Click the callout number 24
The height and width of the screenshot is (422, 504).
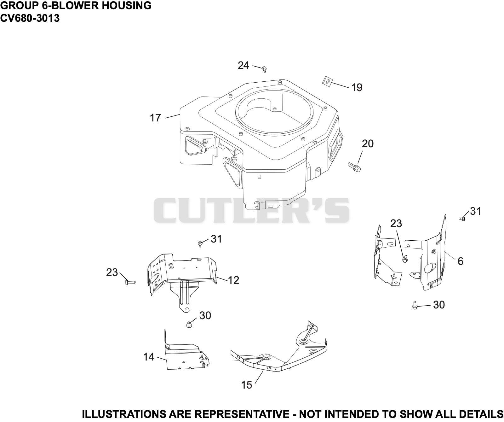tap(243, 66)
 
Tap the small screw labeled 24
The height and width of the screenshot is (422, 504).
tap(264, 69)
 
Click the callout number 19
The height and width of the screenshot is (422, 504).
tap(357, 87)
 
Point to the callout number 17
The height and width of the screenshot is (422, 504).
tap(155, 118)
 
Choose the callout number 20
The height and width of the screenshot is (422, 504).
tap(368, 144)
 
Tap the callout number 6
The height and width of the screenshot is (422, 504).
tap(460, 261)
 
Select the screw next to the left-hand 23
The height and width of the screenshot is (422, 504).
tap(130, 282)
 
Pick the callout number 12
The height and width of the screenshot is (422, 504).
tap(233, 280)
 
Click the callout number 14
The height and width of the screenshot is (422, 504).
tap(149, 357)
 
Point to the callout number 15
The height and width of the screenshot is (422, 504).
tap(247, 385)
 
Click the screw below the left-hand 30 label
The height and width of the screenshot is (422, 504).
tap(189, 325)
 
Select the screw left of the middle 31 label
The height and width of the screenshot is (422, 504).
tap(200, 243)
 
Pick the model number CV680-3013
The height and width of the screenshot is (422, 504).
tap(30, 18)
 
